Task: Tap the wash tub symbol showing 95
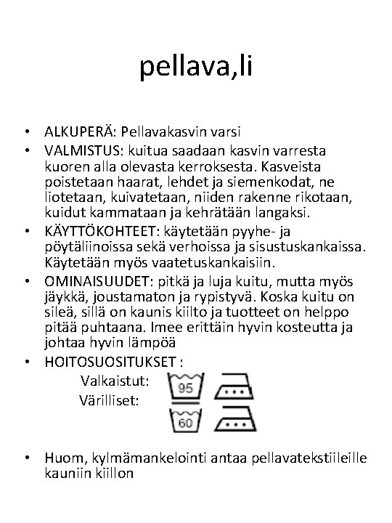tap(186, 388)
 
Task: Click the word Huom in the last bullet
tap(60, 458)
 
